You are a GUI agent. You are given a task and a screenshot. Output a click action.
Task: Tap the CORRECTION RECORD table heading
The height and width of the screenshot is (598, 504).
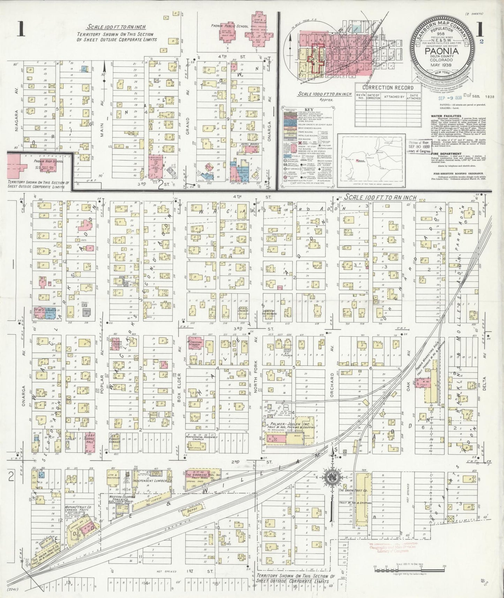click(x=388, y=88)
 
